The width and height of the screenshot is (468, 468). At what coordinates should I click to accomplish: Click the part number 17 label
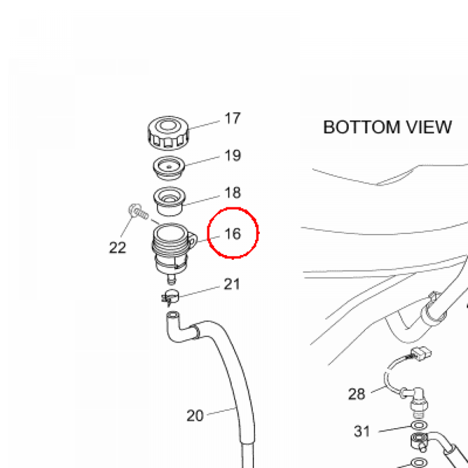point(233,118)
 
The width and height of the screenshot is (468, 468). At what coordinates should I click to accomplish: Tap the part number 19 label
point(233,155)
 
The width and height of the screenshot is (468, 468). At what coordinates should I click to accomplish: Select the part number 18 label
point(233,193)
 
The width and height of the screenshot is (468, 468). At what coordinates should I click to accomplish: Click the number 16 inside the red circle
point(233,234)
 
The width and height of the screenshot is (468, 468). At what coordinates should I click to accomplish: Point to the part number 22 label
point(117,247)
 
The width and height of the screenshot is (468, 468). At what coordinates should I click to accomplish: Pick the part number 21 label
point(232,284)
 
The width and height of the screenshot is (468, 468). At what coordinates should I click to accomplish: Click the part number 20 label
point(195,415)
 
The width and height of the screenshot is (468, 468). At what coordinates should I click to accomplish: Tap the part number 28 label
point(356,394)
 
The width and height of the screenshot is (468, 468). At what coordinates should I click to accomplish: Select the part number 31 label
point(362,431)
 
